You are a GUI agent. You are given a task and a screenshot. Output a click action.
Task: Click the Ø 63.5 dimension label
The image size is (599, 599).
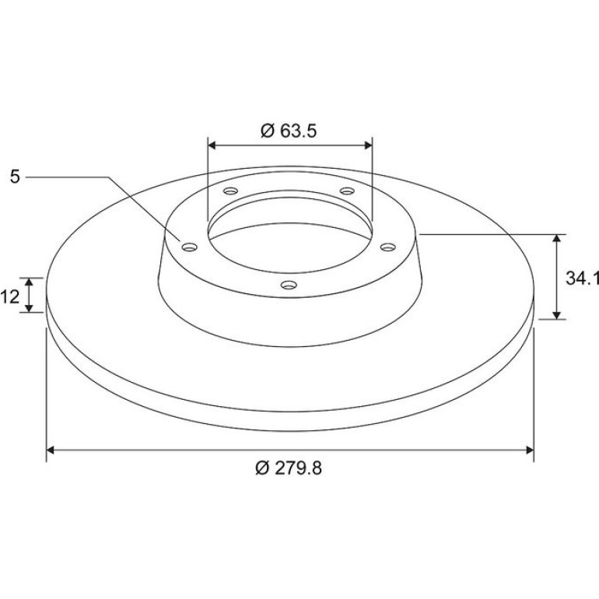click(289, 131)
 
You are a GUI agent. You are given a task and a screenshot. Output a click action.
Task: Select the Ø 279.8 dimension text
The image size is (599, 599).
click(289, 468)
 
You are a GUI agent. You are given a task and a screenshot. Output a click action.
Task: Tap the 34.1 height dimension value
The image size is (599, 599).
click(582, 278)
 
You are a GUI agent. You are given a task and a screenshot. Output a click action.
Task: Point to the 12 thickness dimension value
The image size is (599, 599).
click(9, 296)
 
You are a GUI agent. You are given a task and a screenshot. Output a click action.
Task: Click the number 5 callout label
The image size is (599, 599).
click(15, 177)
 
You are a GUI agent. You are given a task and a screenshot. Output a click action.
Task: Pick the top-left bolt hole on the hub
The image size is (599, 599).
click(231, 191)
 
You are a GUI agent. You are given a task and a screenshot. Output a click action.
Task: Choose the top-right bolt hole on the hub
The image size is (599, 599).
click(347, 191)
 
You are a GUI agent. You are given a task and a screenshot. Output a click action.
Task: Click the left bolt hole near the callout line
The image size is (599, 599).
click(190, 247)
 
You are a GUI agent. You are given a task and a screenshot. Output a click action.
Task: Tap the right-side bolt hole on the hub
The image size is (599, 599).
click(387, 247)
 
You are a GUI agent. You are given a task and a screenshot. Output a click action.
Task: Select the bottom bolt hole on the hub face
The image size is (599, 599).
click(289, 285)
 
